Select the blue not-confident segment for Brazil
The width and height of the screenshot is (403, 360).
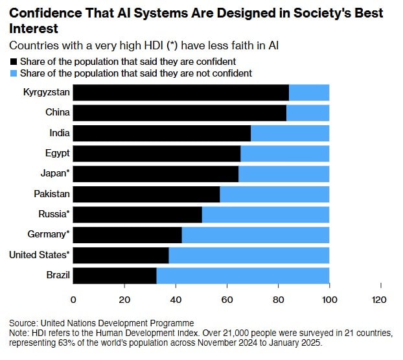pyautogui.click(x=243, y=276)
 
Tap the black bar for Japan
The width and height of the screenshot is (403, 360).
pyautogui.click(x=155, y=174)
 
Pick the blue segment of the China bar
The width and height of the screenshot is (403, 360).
pyautogui.click(x=308, y=113)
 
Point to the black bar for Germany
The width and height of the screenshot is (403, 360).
pyautogui.click(x=127, y=235)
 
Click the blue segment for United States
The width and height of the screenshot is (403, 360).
pyautogui.click(x=249, y=255)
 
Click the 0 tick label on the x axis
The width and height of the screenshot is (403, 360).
pyautogui.click(x=73, y=300)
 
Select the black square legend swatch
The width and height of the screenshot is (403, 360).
pyautogui.click(x=14, y=61)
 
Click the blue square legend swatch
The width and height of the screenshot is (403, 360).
pyautogui.click(x=14, y=73)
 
